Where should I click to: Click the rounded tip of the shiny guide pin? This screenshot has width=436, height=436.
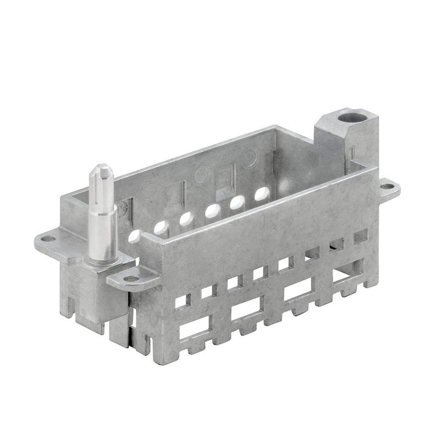[102, 169]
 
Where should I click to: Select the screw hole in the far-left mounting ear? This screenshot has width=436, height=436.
[48, 238]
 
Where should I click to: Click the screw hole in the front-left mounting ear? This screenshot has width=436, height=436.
[130, 278]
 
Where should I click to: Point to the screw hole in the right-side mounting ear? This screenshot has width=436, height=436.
[386, 187]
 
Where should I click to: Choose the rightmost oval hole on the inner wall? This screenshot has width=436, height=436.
[262, 193]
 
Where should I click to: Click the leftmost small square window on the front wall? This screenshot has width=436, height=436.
[182, 300]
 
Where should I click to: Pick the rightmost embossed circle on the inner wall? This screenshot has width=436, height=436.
[250, 158]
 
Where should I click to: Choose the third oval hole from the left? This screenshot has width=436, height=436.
[187, 218]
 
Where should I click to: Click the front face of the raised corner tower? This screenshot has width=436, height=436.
[331, 144]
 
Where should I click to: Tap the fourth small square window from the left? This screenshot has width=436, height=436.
[260, 273]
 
